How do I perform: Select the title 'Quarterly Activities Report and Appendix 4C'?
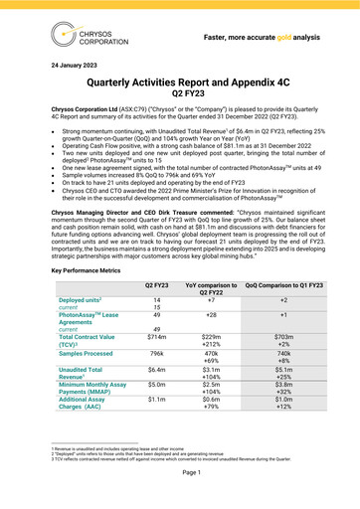click(179, 101)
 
